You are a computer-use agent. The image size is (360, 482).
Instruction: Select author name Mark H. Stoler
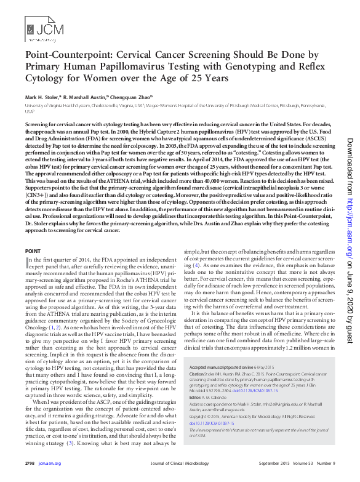coord(43,97)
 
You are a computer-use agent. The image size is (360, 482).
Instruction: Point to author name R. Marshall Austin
coord(86,97)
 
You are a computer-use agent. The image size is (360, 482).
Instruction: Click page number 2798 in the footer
coord(30,464)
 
